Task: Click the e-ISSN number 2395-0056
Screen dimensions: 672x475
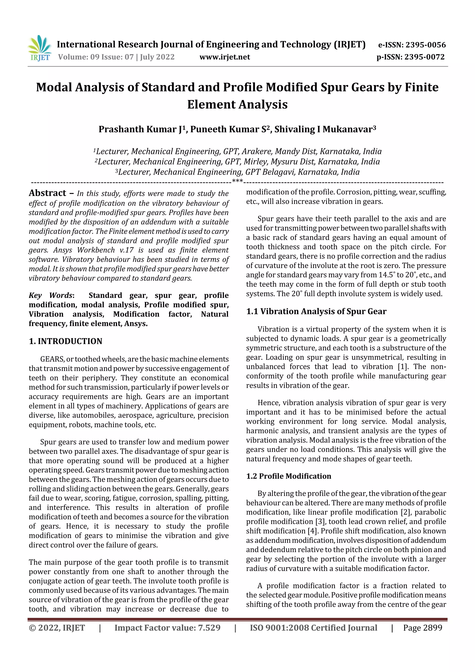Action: click(x=426, y=45)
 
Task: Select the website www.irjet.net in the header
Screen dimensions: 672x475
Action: click(x=225, y=57)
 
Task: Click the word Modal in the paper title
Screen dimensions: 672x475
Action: click(x=54, y=87)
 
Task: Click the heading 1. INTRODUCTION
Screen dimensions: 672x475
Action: click(x=66, y=341)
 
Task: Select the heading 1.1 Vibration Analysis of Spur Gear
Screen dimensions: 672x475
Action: click(x=316, y=312)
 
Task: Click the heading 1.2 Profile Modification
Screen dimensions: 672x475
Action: click(x=289, y=476)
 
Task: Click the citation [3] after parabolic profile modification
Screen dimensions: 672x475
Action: click(x=320, y=521)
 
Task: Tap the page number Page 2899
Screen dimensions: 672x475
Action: click(x=422, y=628)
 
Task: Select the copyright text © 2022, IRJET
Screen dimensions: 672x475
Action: click(x=57, y=628)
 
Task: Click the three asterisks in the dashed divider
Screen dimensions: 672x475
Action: click(x=237, y=181)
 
